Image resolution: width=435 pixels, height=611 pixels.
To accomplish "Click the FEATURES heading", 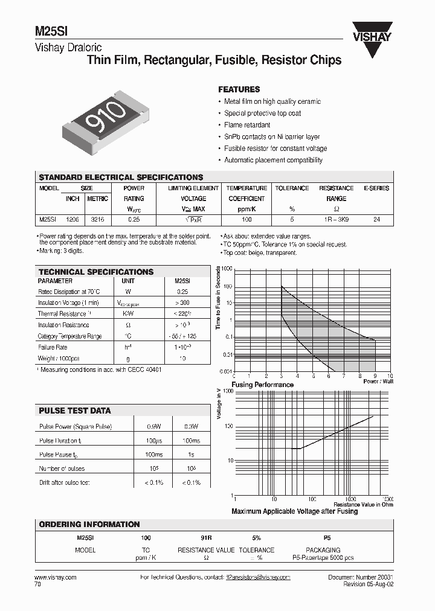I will click(239, 89).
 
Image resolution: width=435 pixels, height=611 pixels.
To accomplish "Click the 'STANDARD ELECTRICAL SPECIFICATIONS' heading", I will click(121, 178).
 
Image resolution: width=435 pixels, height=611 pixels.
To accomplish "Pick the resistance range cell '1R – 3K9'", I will click(336, 220).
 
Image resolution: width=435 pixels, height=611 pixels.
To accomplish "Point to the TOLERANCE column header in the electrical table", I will click(292, 188).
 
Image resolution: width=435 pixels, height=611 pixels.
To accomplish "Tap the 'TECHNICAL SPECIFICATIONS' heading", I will click(96, 272).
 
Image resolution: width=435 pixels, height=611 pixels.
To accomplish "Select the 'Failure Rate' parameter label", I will click(53, 347).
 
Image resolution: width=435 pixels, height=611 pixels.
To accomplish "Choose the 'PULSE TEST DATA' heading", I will click(75, 411).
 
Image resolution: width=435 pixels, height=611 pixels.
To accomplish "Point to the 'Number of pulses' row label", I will click(62, 469).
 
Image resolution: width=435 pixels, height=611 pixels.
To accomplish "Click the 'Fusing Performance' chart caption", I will click(262, 385).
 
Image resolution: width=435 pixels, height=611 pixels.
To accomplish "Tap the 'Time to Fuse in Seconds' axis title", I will click(219, 299).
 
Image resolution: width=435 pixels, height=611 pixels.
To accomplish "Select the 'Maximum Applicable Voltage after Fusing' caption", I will click(295, 511).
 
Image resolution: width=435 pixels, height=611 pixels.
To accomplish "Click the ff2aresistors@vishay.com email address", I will click(257, 577).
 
